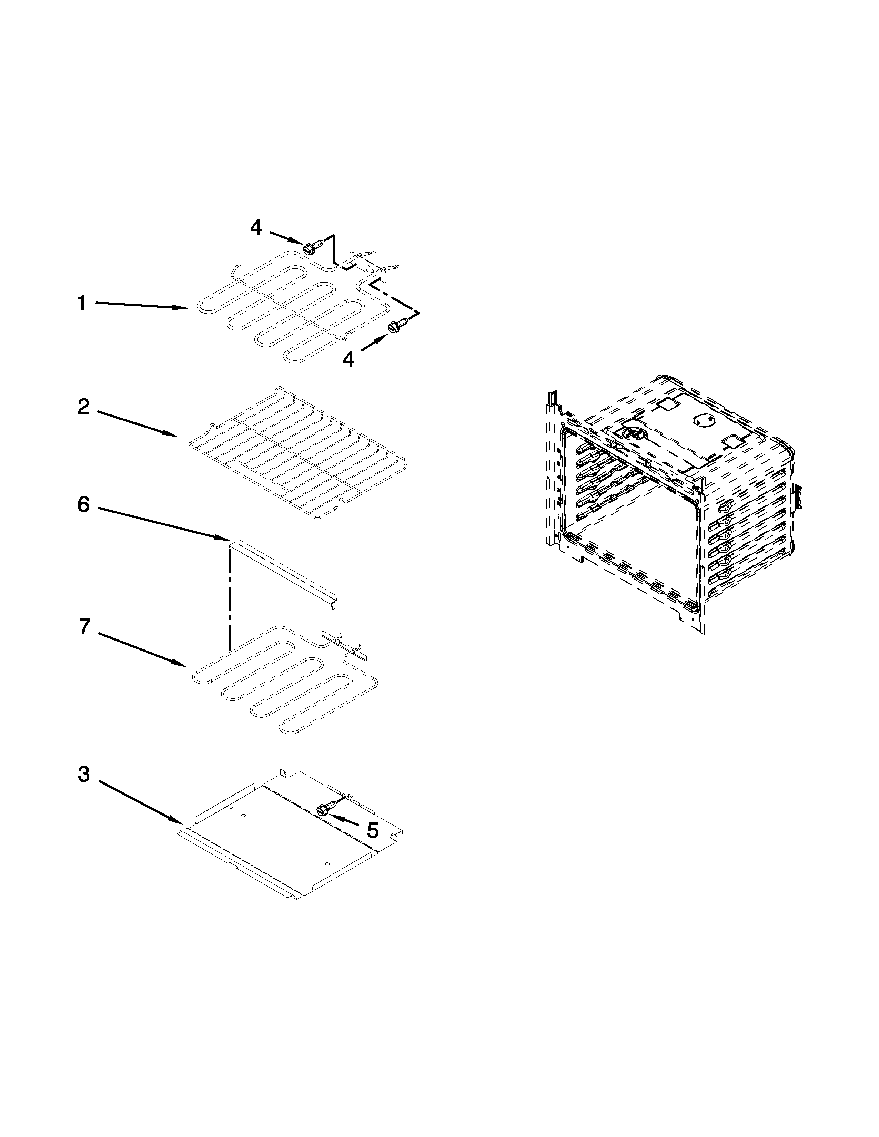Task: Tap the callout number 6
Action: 84,504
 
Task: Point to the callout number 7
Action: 85,626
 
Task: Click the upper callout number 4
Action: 256,227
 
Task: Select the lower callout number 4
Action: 348,359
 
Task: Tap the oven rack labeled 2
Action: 297,453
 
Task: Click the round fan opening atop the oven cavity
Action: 632,434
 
